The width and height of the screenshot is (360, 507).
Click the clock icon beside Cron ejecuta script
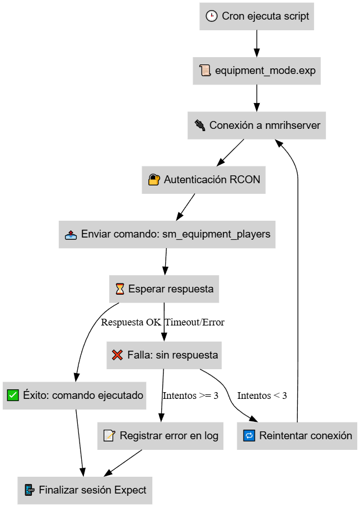(212, 16)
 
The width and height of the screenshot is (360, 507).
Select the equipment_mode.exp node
(256, 71)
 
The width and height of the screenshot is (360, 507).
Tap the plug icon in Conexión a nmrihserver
(200, 125)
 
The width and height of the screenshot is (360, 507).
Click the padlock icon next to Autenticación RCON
(154, 179)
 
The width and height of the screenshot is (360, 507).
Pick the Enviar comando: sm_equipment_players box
(167, 234)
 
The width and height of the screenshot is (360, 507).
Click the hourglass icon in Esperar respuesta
(120, 289)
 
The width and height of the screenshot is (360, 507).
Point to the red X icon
(117, 355)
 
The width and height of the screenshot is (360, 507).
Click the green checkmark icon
(13, 395)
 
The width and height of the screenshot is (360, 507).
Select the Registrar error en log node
(160, 436)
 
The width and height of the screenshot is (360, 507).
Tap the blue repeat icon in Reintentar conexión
(249, 435)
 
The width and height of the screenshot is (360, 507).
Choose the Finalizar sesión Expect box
(85, 490)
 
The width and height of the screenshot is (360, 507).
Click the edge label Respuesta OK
(131, 322)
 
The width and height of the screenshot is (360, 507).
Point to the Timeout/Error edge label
(194, 322)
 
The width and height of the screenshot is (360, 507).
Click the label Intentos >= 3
(190, 396)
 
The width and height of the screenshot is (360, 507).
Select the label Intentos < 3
(262, 396)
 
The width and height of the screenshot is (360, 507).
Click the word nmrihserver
(293, 125)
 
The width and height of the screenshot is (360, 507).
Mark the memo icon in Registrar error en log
(109, 435)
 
